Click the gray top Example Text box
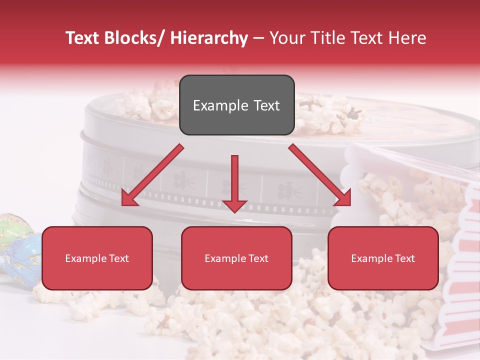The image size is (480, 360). [x=236, y=105]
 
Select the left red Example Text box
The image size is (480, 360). [x=97, y=258]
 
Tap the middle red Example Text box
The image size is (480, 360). [x=236, y=258]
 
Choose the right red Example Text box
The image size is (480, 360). [x=383, y=258]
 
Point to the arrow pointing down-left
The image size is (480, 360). [x=152, y=175]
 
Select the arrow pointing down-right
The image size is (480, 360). [x=320, y=175]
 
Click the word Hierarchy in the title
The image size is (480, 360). [x=209, y=38]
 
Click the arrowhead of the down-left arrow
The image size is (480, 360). [x=129, y=199]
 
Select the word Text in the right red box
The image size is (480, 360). [x=404, y=258]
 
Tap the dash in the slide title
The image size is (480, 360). [x=258, y=38]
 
